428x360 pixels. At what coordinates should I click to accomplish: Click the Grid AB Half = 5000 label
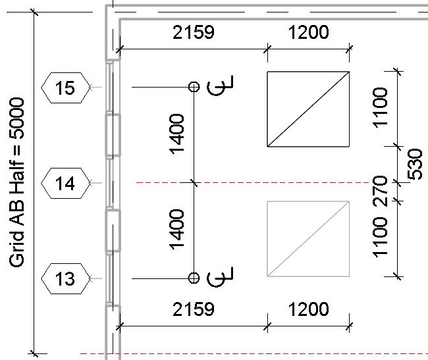(x=16, y=182)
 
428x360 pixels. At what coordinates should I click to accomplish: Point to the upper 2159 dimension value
(x=194, y=32)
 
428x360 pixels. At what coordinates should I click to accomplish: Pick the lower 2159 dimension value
(x=194, y=309)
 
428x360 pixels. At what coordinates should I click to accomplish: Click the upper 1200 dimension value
(x=308, y=32)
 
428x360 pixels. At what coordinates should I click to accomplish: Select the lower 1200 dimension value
(x=308, y=309)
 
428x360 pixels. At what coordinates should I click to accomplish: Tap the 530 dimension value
(x=415, y=164)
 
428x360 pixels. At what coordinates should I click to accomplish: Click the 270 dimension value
(x=380, y=191)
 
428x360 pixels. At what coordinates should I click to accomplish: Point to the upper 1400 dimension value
(x=176, y=134)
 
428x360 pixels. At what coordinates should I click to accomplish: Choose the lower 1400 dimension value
(x=176, y=230)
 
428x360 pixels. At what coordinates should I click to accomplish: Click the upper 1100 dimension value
(x=380, y=107)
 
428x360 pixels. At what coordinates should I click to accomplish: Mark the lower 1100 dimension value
(x=380, y=238)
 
